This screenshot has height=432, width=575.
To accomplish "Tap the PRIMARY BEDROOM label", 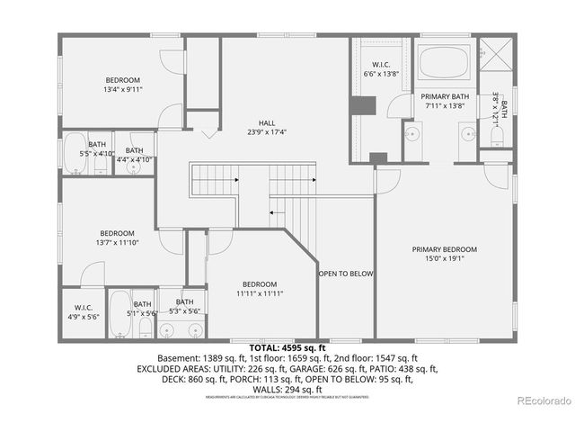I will click(x=444, y=249).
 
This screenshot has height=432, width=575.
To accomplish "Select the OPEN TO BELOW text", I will click(x=346, y=274).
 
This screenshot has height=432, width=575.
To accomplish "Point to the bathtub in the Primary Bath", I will click(x=444, y=62).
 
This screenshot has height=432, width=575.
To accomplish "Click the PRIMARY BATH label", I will click(x=447, y=96).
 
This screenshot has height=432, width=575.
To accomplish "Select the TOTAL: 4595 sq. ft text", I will click(x=287, y=346).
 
